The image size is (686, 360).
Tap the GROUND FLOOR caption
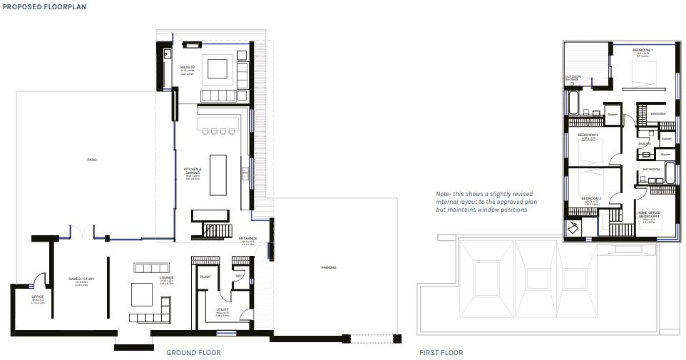(193, 353)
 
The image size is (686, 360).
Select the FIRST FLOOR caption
(441, 353)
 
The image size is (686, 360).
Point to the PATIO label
(92, 160)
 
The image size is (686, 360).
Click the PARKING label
(329, 267)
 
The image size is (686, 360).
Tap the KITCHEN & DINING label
(193, 171)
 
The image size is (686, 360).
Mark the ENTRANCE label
(248, 238)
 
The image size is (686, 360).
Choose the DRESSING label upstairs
(658, 113)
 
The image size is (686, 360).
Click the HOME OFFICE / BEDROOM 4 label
(649, 214)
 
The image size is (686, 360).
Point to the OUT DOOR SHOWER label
(573, 78)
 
